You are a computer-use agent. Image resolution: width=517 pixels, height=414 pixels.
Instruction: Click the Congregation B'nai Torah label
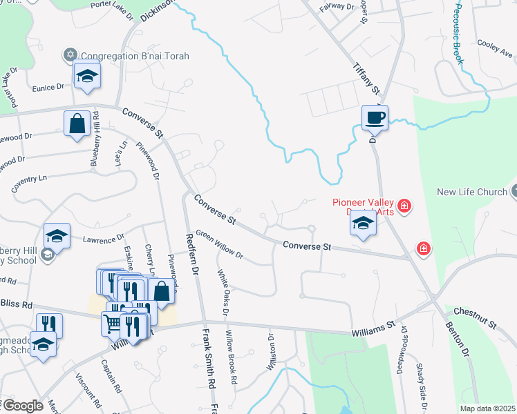tap(135, 56)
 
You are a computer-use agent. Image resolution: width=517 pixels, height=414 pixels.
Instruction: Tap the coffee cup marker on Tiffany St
tap(375, 117)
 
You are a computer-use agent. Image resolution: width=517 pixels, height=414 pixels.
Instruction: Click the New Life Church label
tap(471, 192)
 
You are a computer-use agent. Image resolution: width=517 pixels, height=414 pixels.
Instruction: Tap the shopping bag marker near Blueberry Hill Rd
tap(77, 124)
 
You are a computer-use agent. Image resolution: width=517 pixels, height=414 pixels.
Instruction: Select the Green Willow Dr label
tap(219, 244)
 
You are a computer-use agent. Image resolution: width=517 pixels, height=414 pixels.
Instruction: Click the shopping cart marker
tap(113, 324)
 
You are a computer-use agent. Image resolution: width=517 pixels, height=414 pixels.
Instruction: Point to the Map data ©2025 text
tap(487, 408)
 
